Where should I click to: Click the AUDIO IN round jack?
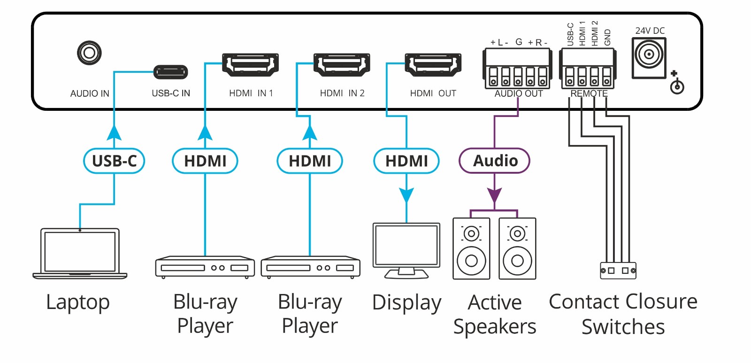pyautogui.click(x=89, y=53)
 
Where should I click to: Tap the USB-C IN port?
pyautogui.click(x=170, y=72)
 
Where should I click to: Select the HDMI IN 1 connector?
pyautogui.click(x=250, y=65)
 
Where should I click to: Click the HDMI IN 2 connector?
pyautogui.click(x=342, y=65)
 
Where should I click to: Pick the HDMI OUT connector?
pyautogui.click(x=433, y=65)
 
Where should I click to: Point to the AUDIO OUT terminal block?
pyautogui.click(x=517, y=69)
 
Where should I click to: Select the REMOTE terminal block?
pyautogui.click(x=588, y=69)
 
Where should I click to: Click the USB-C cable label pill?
pyautogui.click(x=114, y=161)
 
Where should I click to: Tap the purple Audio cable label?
pyautogui.click(x=495, y=161)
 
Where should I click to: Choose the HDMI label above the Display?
pyautogui.click(x=406, y=161)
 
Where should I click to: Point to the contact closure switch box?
pyautogui.click(x=618, y=270)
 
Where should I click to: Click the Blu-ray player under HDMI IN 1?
pyautogui.click(x=205, y=267)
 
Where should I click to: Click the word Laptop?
pyautogui.click(x=78, y=302)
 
